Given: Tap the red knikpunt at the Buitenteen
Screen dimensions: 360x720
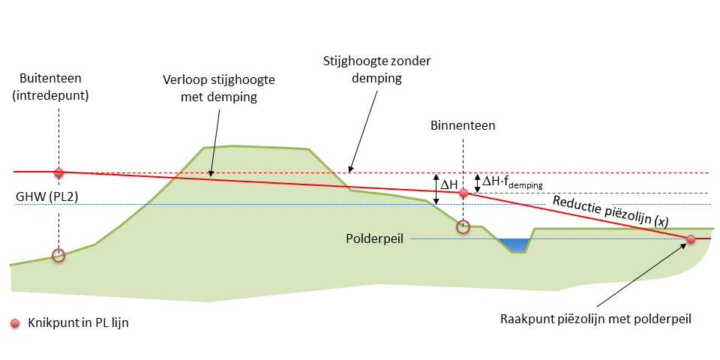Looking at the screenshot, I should tap(59, 172).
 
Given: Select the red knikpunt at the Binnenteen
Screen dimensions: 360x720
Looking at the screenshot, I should tap(463, 193).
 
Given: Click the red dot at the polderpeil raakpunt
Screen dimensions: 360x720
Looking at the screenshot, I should tap(691, 239).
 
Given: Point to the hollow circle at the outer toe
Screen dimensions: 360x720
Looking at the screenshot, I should tap(58, 256).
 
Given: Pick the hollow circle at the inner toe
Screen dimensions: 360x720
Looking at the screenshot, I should tap(463, 226).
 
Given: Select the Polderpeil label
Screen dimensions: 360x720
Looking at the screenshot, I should tap(375, 238).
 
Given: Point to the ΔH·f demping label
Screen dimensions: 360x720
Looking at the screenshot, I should tap(513, 181).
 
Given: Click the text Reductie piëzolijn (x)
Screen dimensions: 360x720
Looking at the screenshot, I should tap(610, 211).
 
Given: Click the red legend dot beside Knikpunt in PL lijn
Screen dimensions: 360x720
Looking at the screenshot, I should tap(14, 323).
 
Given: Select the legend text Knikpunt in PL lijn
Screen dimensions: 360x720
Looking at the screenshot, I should tap(73, 323).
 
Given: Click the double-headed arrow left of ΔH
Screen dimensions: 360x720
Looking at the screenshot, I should tap(436, 188).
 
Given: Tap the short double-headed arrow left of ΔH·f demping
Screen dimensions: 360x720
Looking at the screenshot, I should tap(477, 182).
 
